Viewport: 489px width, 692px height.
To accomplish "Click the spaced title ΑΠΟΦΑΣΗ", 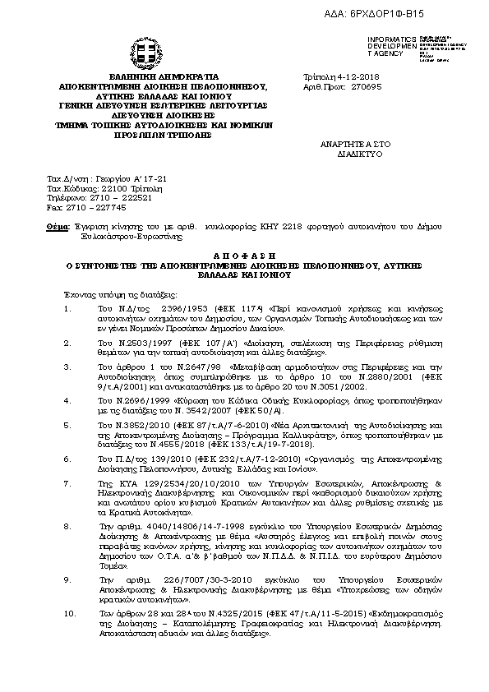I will click(x=244, y=256).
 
